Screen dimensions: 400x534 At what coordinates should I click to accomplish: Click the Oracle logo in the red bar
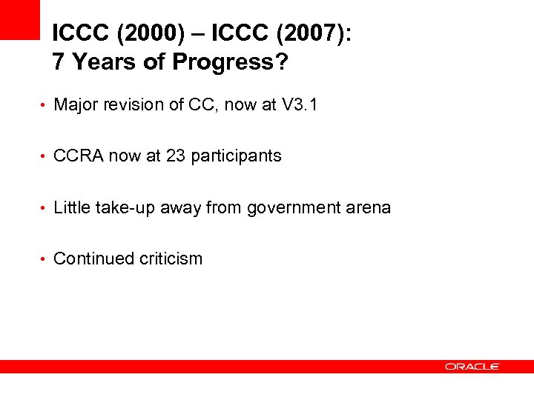[472, 366]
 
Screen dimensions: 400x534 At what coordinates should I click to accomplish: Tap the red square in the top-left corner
[19, 19]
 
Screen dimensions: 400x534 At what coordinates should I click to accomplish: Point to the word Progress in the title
[222, 63]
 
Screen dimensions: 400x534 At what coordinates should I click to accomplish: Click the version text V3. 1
[300, 104]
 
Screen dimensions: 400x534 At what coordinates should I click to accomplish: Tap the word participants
[236, 156]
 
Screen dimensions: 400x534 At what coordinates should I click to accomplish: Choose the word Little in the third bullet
[72, 207]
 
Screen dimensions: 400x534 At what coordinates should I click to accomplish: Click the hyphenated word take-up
[123, 208]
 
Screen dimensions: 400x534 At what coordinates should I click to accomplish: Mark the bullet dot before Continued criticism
[44, 259]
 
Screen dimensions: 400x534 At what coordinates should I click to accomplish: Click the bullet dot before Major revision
[44, 105]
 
